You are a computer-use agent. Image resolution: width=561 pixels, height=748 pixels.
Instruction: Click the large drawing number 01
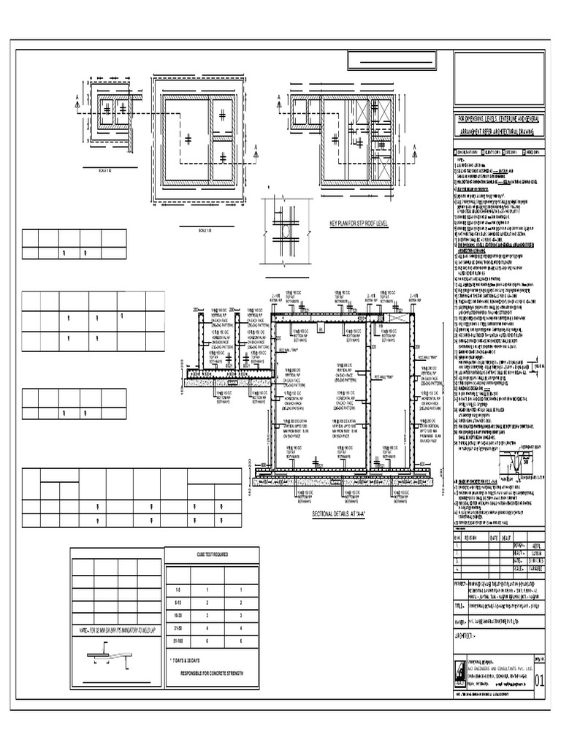540,682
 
